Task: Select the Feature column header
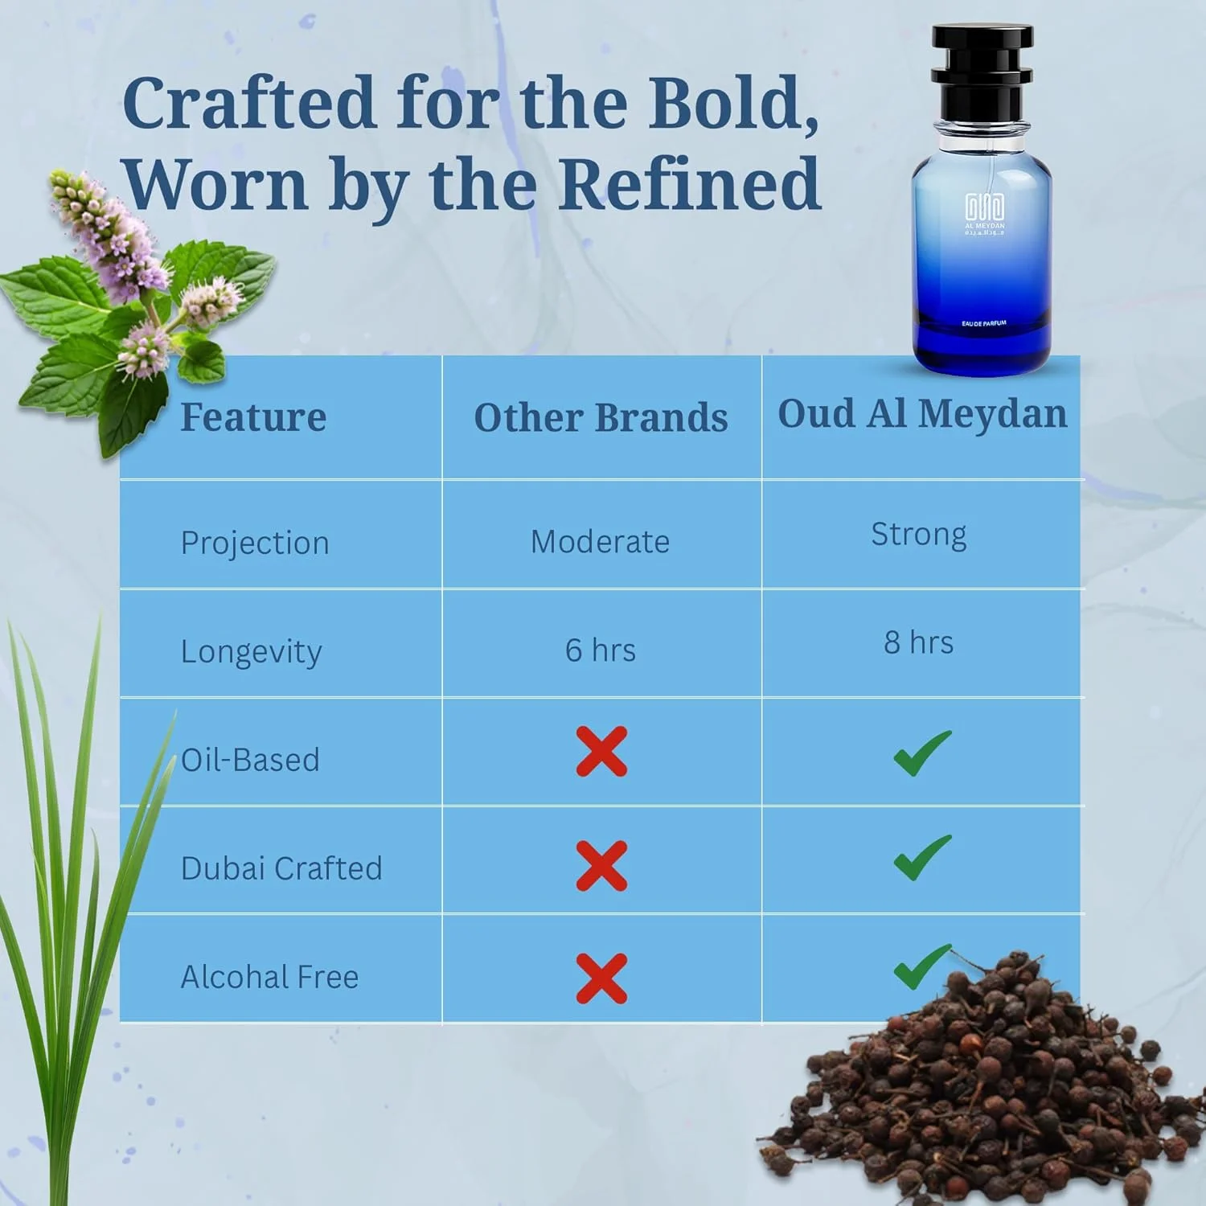coord(253,417)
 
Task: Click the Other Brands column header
coord(601,418)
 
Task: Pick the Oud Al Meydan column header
coord(922,414)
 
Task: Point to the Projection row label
coord(255,544)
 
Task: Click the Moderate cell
coord(600,542)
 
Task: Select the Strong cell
coord(919,535)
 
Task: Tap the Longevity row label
coord(251,651)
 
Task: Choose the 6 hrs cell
coord(600,650)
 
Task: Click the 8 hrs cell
coord(919,642)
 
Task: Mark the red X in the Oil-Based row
coord(601,752)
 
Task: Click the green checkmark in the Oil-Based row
coord(921,753)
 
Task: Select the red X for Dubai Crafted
coord(601,866)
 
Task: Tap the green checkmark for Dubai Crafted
coord(921,857)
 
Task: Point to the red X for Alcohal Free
coord(601,978)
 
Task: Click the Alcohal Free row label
coord(269,978)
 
